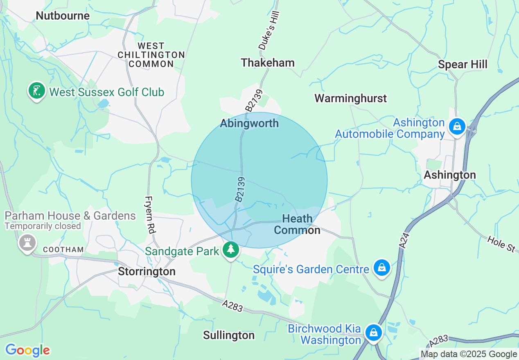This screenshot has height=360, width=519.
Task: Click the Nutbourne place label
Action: point(63,16)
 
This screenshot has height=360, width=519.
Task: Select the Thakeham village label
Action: point(268,63)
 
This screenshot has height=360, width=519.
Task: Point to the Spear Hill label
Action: point(463,65)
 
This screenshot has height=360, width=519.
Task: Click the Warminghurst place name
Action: point(350,98)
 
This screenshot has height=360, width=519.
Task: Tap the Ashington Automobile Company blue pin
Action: point(457,126)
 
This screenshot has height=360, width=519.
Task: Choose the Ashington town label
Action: point(450,175)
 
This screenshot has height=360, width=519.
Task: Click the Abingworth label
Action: point(249,123)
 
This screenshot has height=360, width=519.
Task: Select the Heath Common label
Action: point(297,224)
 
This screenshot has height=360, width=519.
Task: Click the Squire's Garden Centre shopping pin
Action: point(381,268)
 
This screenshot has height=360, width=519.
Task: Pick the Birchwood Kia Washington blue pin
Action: point(373,333)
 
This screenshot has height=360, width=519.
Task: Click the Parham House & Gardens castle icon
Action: point(27,244)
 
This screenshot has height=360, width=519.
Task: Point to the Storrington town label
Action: point(147,272)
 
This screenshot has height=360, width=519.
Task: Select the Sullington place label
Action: point(229,335)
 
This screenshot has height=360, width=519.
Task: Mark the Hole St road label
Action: point(501,244)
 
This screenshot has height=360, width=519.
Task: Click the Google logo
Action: point(27,350)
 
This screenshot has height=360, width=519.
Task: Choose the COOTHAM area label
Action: point(63,250)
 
